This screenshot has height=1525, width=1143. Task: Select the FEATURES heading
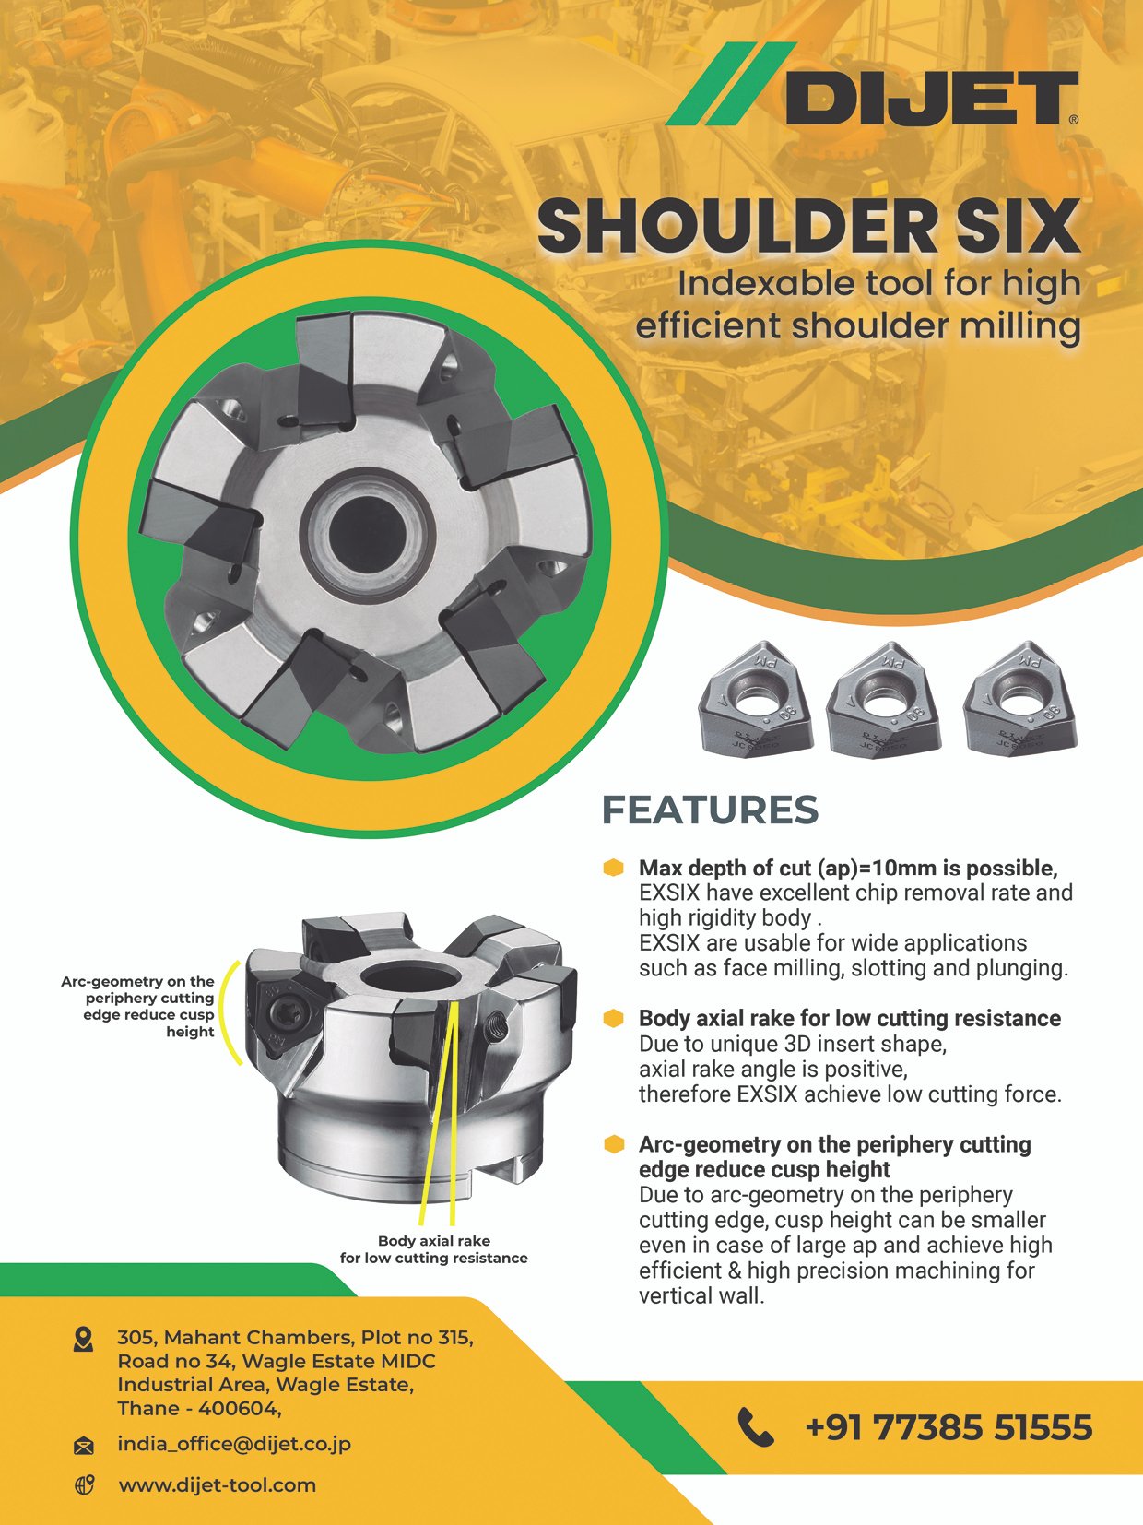tap(710, 810)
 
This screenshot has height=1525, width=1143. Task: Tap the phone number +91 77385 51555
tap(949, 1427)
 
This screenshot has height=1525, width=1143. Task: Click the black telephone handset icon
tap(755, 1427)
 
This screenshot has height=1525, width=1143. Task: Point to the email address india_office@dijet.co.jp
tap(234, 1444)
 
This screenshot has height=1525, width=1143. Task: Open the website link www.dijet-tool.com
tap(218, 1485)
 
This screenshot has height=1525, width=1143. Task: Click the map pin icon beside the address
tap(83, 1339)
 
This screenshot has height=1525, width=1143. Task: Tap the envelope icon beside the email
tap(83, 1447)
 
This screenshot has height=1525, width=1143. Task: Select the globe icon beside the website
tap(84, 1486)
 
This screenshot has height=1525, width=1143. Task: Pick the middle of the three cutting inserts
tap(883, 698)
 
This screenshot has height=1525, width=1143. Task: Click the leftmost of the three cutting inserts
tap(755, 698)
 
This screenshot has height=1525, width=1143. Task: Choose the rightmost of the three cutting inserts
tap(1020, 698)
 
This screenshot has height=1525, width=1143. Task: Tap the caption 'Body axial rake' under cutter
tap(434, 1241)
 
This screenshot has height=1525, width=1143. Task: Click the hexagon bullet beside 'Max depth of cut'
tap(613, 868)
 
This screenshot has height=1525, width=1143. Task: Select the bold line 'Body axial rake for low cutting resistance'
tap(850, 1019)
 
